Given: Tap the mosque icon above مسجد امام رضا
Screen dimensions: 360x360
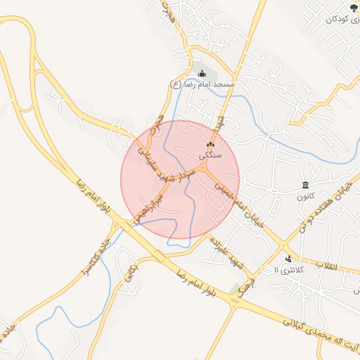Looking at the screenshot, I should (202, 74).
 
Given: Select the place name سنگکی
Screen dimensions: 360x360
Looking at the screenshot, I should (210, 155).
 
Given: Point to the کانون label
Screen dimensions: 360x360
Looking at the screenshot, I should (304, 196).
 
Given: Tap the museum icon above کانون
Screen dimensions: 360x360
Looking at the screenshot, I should (304, 186).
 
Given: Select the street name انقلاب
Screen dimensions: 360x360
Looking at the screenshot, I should (326, 266).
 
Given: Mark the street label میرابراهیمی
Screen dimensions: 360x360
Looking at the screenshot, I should (149, 209).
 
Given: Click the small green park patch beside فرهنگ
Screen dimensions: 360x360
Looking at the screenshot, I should (233, 288).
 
